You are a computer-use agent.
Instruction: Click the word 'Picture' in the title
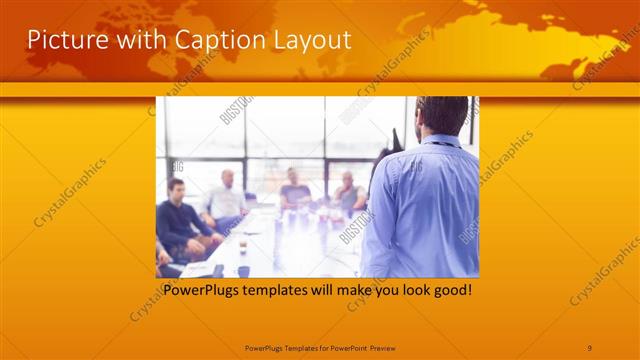coord(62,40)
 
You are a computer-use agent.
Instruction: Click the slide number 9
coord(590,347)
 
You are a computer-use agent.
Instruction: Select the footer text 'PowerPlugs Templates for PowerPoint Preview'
coord(320,347)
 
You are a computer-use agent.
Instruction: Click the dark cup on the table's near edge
coord(243,270)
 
